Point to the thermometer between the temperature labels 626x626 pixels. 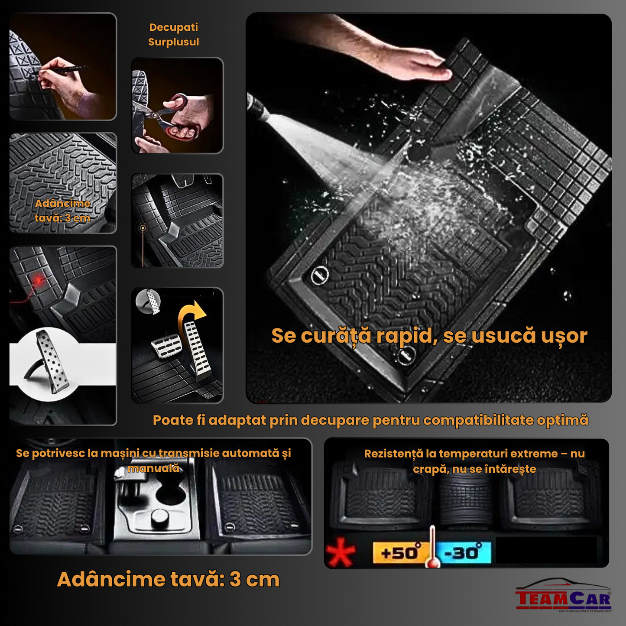click(x=432, y=548)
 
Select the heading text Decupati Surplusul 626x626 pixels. click(x=173, y=35)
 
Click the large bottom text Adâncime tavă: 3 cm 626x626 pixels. click(x=168, y=579)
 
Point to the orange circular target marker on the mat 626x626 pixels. click(x=143, y=227)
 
